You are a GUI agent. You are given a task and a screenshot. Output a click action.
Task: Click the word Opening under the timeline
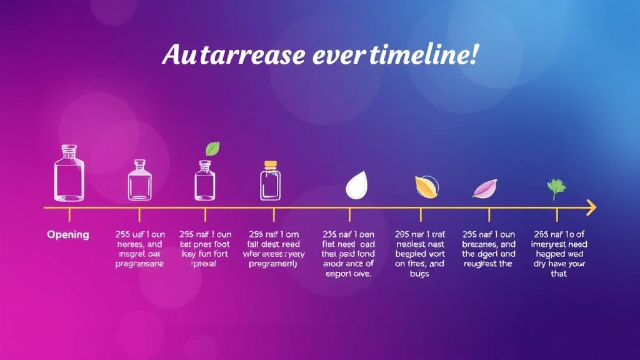coord(68,235)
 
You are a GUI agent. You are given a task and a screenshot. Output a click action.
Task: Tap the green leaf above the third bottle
coord(213,148)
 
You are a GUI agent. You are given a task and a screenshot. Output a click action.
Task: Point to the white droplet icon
coord(357,185)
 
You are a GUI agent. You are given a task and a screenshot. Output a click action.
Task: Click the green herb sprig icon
coord(555,187)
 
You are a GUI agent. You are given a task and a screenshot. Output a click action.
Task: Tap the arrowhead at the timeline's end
coord(591,207)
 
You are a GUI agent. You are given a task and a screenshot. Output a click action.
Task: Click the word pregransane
coord(139,264)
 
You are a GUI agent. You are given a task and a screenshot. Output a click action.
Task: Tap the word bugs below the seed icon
coord(420,274)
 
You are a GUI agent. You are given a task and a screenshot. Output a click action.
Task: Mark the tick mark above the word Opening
coord(69,215)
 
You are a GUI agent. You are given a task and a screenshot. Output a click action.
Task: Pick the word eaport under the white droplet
coord(341,274)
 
